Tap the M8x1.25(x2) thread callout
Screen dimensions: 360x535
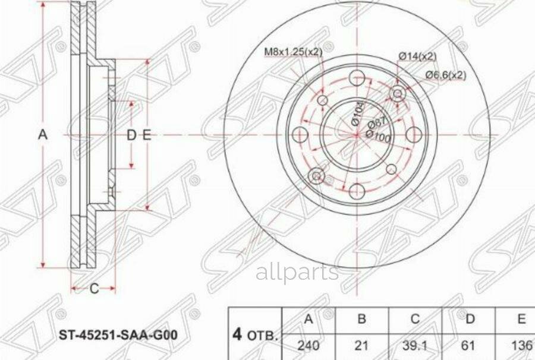[293, 52]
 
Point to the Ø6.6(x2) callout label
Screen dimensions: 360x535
[445, 75]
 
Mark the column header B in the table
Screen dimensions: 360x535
[361, 319]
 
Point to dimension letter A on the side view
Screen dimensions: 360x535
[43, 135]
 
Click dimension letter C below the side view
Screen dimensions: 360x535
[93, 289]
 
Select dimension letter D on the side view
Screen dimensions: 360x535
[131, 135]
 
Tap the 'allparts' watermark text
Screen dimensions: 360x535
[297, 272]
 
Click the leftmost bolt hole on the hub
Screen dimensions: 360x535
[301, 134]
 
